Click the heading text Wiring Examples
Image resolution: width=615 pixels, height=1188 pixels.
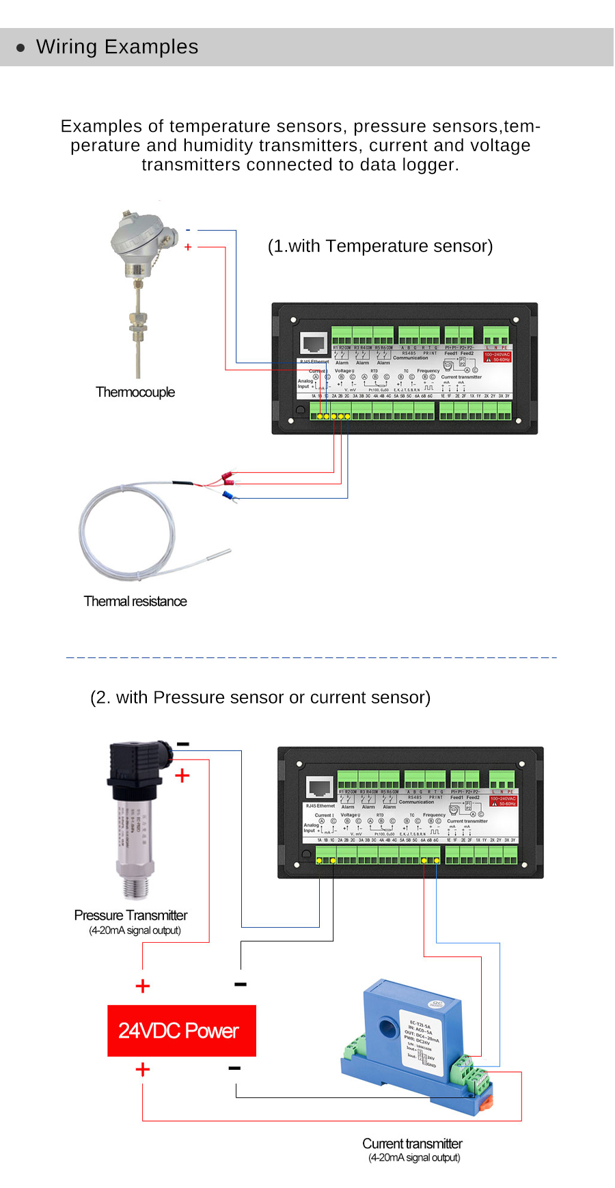coord(117,47)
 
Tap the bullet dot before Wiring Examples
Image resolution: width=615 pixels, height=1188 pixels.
coord(20,48)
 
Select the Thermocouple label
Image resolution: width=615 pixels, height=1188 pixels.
coord(135,392)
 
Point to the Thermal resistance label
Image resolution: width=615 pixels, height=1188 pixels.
coord(135,601)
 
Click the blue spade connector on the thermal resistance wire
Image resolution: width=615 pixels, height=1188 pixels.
coord(229,495)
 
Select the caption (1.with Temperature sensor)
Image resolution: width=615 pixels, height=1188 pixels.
coord(380,246)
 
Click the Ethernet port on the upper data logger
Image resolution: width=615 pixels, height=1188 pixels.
coord(314,343)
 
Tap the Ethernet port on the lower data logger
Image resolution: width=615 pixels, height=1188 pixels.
coord(320,788)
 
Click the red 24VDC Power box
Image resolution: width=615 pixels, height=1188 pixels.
coord(182,1031)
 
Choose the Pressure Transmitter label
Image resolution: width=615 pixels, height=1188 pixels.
coord(131,915)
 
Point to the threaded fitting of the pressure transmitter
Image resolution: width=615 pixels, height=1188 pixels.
coord(135,887)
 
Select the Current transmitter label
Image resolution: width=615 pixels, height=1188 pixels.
coord(412,1144)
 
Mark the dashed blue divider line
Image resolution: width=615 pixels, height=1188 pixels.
coord(312,657)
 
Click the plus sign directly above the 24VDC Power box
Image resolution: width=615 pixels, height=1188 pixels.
coord(143,986)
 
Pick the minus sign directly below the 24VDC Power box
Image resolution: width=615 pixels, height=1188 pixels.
coord(234,1068)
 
